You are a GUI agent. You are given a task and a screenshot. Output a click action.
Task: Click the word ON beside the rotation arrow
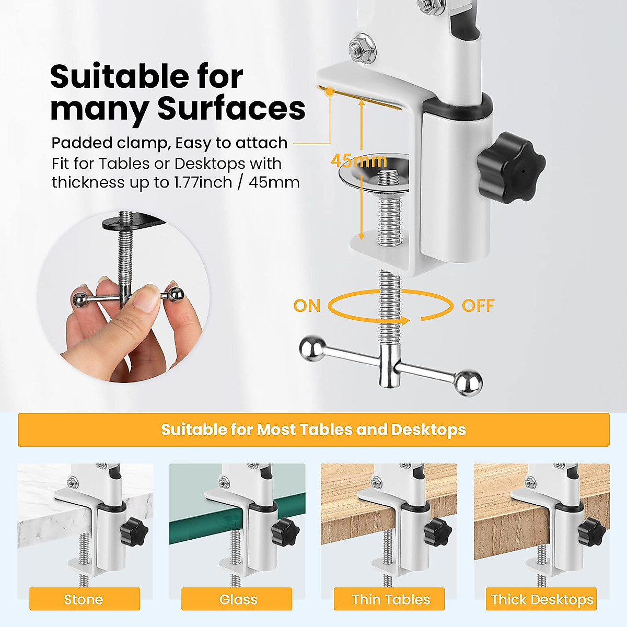pos(307,306)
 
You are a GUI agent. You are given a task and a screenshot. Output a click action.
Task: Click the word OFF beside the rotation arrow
pos(478,306)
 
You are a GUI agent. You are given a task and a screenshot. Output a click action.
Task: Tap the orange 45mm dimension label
pos(359,160)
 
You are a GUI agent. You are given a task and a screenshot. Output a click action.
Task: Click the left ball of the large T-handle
pos(312,349)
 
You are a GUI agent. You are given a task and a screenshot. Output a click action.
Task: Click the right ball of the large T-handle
pos(468,383)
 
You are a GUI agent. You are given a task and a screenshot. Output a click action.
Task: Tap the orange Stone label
pos(84,599)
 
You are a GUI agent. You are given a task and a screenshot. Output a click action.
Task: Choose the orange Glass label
pos(238,599)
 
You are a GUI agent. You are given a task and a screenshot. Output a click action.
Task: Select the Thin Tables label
pos(390,599)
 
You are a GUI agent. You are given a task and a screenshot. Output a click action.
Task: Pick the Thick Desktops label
pos(542,599)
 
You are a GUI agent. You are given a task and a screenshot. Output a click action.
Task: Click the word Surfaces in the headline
pos(231,109)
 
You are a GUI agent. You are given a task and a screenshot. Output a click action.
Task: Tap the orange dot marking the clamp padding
pos(330,92)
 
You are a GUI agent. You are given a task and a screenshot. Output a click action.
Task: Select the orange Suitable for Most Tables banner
pos(313,429)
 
